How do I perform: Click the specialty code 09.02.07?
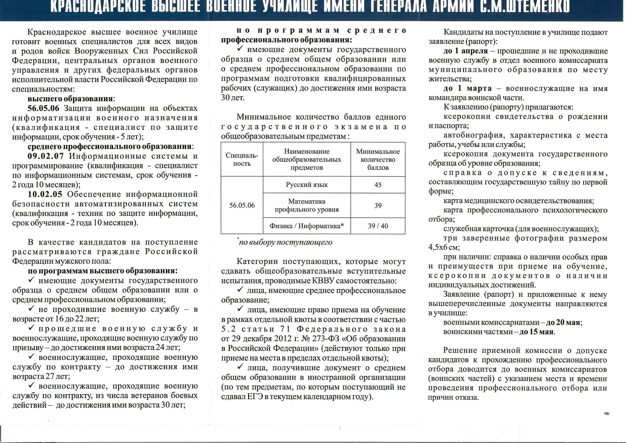(46, 156)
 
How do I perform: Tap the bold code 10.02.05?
(45, 194)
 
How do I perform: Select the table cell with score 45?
(378, 185)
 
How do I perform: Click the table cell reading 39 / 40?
(378, 226)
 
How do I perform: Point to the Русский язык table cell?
(306, 185)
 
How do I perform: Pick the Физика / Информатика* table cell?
(306, 226)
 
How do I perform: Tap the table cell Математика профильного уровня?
(306, 205)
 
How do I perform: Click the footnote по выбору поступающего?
(285, 242)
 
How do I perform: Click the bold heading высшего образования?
(70, 99)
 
